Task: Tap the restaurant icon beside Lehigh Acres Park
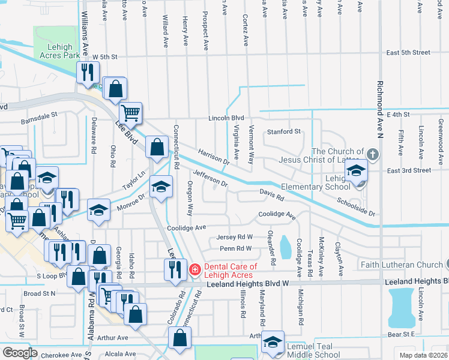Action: pyautogui.click(x=89, y=73)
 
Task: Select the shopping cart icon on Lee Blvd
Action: pyautogui.click(x=131, y=112)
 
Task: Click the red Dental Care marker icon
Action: pyautogui.click(x=194, y=270)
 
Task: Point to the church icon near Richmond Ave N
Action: pyautogui.click(x=372, y=155)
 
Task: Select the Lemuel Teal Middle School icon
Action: pyautogui.click(x=273, y=343)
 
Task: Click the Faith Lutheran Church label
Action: pyautogui.click(x=402, y=265)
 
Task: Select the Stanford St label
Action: pyautogui.click(x=283, y=131)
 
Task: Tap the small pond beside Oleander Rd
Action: pyautogui.click(x=285, y=244)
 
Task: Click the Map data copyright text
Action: pyautogui.click(x=423, y=355)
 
